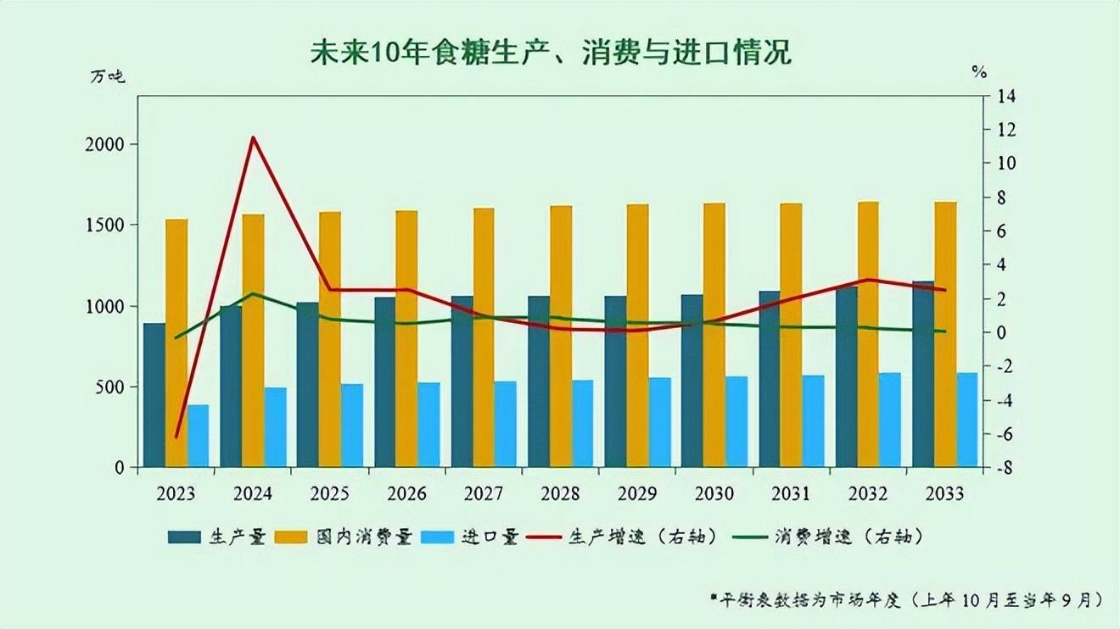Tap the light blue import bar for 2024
tap(275, 427)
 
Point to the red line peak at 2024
tap(253, 137)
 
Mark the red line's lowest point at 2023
tap(176, 437)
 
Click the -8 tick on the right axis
tap(1004, 468)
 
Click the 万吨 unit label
tap(108, 75)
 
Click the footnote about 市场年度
tap(907, 599)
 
